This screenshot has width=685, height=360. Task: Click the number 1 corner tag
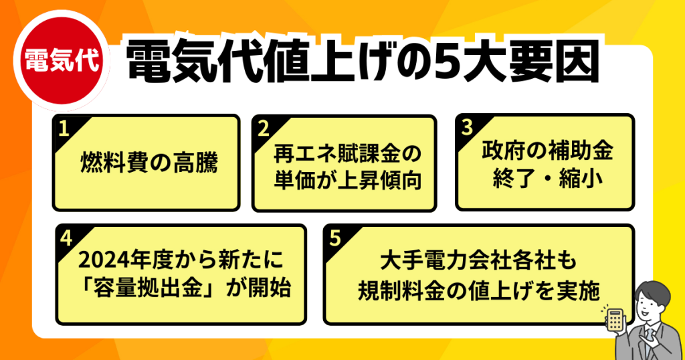click(x=65, y=129)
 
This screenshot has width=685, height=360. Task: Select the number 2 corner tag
click(x=264, y=129)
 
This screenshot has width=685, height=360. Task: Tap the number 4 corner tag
click(x=67, y=238)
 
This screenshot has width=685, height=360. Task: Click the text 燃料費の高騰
click(x=149, y=163)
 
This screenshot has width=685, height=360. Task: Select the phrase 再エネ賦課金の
click(x=347, y=153)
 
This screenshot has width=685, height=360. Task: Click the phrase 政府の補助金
click(x=547, y=151)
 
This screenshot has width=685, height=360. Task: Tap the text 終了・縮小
click(x=547, y=178)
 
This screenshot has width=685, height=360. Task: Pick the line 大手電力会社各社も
click(x=478, y=261)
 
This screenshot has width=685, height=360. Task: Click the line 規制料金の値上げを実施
click(x=478, y=291)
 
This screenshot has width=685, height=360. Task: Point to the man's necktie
click(x=652, y=339)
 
